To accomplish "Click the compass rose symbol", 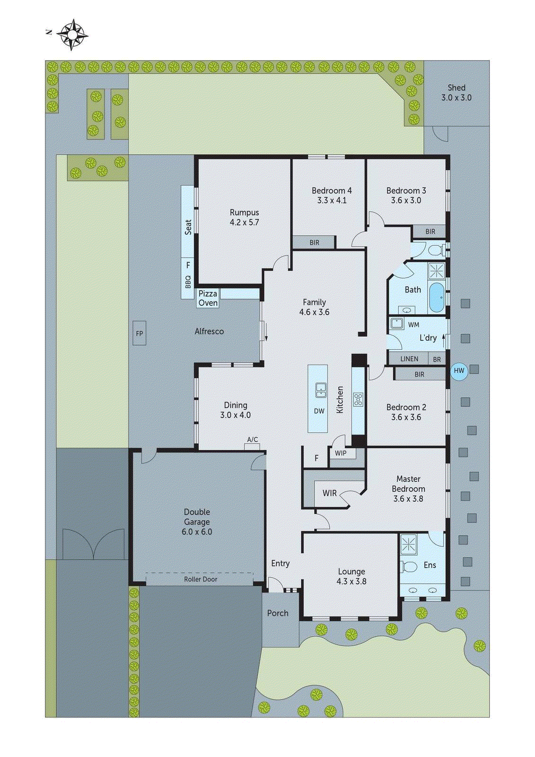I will tap(72, 35).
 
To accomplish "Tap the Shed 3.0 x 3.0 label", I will tap(456, 93).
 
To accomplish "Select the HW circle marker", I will tap(459, 370).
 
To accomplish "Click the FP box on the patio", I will tap(139, 333).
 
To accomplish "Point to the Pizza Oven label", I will tap(208, 298).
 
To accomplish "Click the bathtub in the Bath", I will tap(436, 298).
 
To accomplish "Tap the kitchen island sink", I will tap(321, 390).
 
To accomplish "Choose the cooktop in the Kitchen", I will tap(358, 400).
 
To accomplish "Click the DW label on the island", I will tap(319, 411).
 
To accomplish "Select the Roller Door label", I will tap(201, 579).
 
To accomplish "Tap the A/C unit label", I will tap(253, 440).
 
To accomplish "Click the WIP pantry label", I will tap(341, 453).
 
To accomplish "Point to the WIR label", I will tap(330, 493).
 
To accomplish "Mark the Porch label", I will tap(278, 613).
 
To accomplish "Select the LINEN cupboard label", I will tap(409, 359).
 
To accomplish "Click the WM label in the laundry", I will tap(413, 325).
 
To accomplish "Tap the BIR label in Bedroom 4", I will tap(315, 242).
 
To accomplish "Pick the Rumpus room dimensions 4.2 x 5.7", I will tap(245, 222).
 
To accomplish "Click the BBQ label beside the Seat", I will tap(188, 282).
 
